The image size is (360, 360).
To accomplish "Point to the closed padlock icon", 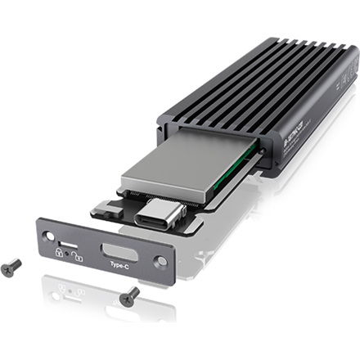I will pos(59,254).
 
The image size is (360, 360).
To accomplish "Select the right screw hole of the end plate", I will pos(161,263).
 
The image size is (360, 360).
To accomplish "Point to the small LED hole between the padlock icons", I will pos(66,256).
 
